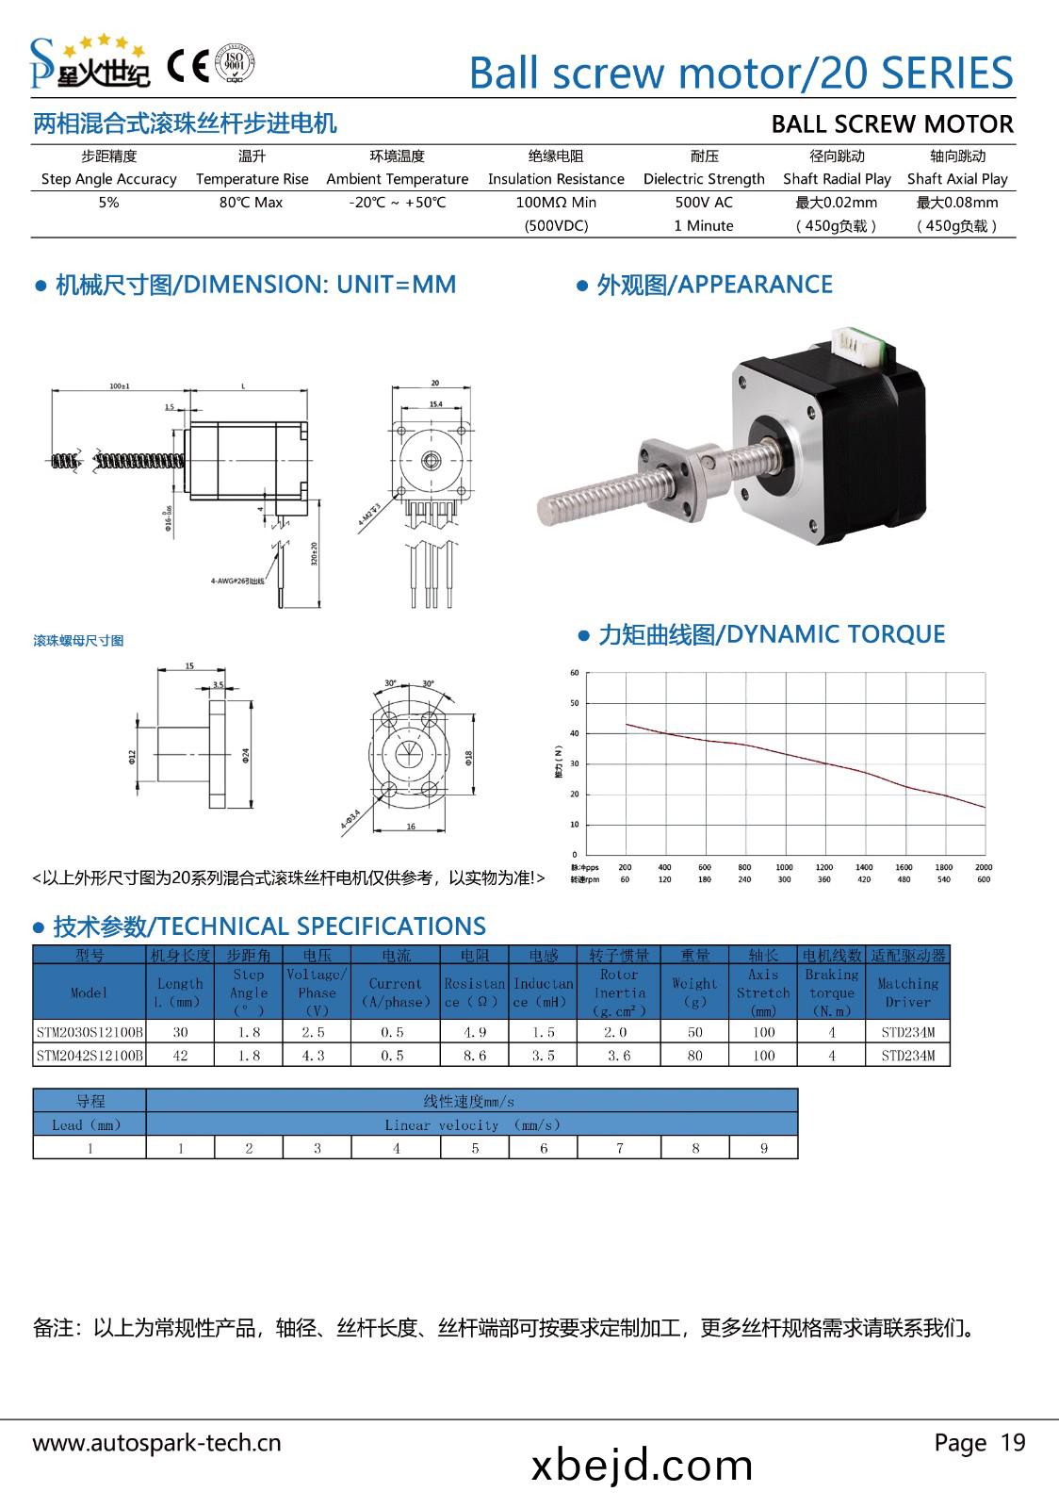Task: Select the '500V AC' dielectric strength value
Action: pyautogui.click(x=704, y=202)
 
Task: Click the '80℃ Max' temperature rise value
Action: pyautogui.click(x=252, y=202)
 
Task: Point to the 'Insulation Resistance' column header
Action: pyautogui.click(x=556, y=179)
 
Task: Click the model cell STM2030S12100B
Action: pyautogui.click(x=90, y=1031)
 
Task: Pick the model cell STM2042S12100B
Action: pyautogui.click(x=90, y=1056)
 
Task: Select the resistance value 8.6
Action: pyautogui.click(x=475, y=1056)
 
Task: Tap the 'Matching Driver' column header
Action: pyautogui.click(x=908, y=992)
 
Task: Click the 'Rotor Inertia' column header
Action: pyautogui.click(x=619, y=992)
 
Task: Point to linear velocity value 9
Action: pyautogui.click(x=764, y=1148)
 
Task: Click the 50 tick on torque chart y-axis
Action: pyautogui.click(x=575, y=703)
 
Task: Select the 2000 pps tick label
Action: pyautogui.click(x=984, y=867)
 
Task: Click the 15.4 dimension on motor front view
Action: pyautogui.click(x=435, y=403)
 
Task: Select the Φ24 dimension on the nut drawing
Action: pyautogui.click(x=245, y=755)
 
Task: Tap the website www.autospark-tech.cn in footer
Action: pyautogui.click(x=157, y=1443)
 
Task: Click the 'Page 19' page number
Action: pyautogui.click(x=980, y=1442)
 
